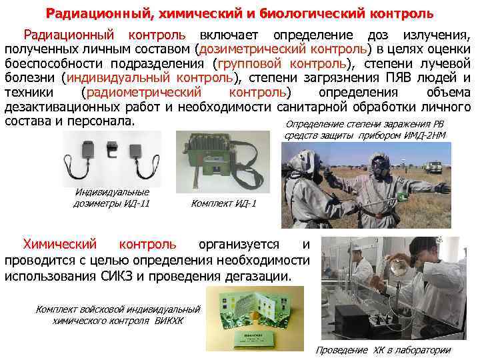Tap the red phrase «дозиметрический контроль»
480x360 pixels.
click(283, 49)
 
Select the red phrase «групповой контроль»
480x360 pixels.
click(282, 64)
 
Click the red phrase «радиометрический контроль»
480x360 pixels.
click(187, 93)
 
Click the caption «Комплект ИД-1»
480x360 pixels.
click(223, 203)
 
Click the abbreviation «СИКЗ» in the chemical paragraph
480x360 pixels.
click(117, 277)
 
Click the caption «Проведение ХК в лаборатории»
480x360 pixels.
click(383, 350)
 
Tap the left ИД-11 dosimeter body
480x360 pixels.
click(88, 149)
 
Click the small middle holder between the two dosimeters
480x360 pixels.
click(113, 149)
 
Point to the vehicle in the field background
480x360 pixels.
click(433, 167)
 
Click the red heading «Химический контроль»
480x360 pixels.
click(99, 244)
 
